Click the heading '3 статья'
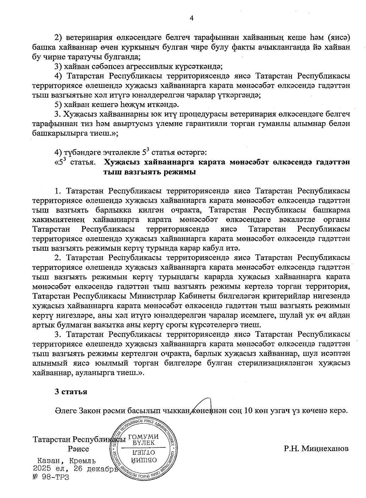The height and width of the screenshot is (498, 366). [71, 392]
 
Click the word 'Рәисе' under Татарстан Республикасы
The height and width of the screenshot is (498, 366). [79, 449]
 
